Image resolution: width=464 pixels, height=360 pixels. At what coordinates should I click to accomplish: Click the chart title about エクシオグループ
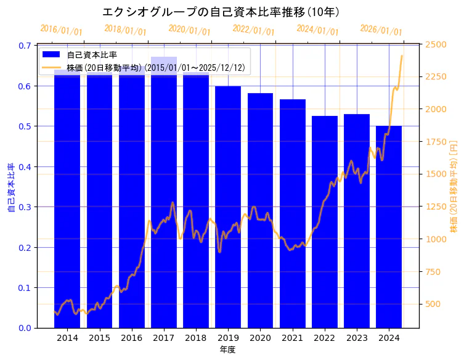point(221,12)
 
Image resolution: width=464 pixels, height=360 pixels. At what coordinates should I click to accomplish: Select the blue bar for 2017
point(164,197)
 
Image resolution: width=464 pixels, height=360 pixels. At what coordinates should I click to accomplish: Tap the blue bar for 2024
point(389,228)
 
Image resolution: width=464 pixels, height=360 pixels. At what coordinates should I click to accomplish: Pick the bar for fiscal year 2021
point(292,216)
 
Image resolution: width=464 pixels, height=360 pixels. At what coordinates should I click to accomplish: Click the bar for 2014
point(67,197)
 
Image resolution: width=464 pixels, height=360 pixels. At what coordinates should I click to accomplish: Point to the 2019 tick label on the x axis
point(228,338)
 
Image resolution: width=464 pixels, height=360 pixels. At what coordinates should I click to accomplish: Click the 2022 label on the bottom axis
point(325,338)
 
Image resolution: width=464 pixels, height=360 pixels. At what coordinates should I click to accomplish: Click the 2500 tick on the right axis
point(436,44)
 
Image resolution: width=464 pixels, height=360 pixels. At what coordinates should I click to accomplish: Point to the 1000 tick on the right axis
point(436,239)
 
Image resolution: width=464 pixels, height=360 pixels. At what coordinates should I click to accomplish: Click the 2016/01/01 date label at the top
point(61,30)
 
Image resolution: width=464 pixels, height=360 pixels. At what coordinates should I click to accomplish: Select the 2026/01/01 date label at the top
point(381,30)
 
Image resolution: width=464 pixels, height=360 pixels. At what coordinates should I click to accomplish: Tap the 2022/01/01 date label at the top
point(253,30)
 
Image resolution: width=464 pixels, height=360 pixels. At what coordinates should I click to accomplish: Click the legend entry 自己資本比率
point(92,55)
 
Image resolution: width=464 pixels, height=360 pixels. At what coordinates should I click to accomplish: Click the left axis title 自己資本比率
point(11,188)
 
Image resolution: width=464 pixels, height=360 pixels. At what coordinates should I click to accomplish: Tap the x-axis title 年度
point(228,350)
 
